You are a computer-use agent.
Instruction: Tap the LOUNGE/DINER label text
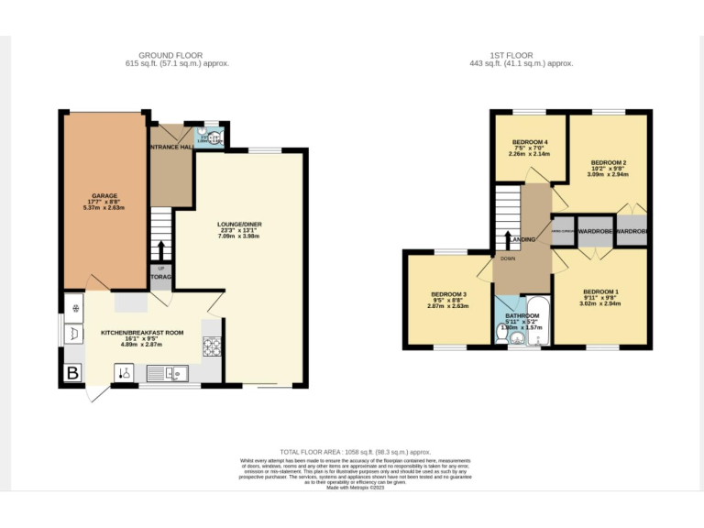(238, 225)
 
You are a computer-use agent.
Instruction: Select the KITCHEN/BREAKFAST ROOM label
(142, 333)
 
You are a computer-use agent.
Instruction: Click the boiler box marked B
(71, 373)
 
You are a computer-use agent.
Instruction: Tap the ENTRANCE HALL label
(170, 147)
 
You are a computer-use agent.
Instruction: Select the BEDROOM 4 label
(529, 142)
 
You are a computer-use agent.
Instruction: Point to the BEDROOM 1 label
(601, 291)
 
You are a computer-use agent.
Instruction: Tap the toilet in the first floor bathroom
(500, 336)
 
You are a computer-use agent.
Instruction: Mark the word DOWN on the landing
(508, 258)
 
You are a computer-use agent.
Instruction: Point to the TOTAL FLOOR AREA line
(355, 452)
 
